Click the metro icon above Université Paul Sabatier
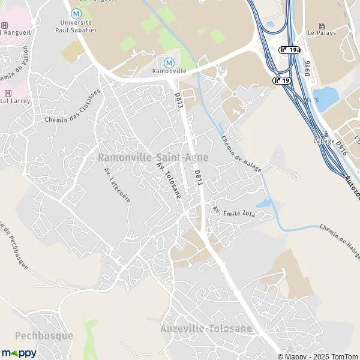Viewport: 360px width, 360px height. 76,12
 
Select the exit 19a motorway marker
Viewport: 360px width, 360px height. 289,50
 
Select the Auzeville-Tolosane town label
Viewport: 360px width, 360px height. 205,328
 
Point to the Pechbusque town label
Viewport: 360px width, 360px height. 36,335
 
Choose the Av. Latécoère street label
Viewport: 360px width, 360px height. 117,185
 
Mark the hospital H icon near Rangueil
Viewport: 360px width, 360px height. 5,26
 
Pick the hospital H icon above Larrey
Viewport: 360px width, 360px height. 8,93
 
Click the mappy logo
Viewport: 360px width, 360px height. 19,353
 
